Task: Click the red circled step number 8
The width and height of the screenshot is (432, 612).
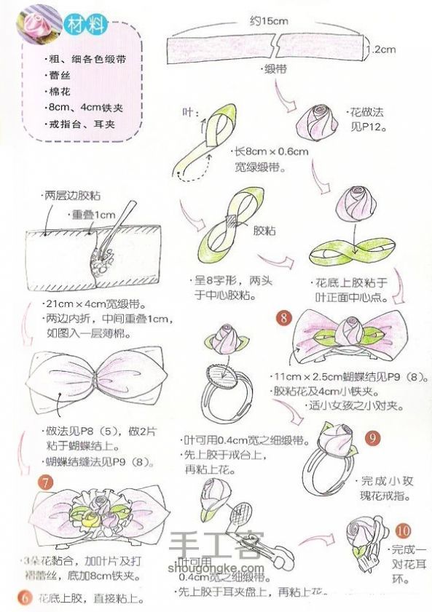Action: pyautogui.click(x=284, y=317)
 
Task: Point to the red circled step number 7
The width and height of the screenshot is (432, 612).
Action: pyautogui.click(x=45, y=482)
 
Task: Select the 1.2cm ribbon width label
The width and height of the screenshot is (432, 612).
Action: pyautogui.click(x=380, y=50)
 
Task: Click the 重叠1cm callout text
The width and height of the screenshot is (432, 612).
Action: pyautogui.click(x=94, y=215)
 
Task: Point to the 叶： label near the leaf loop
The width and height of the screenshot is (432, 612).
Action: pyautogui.click(x=189, y=113)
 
